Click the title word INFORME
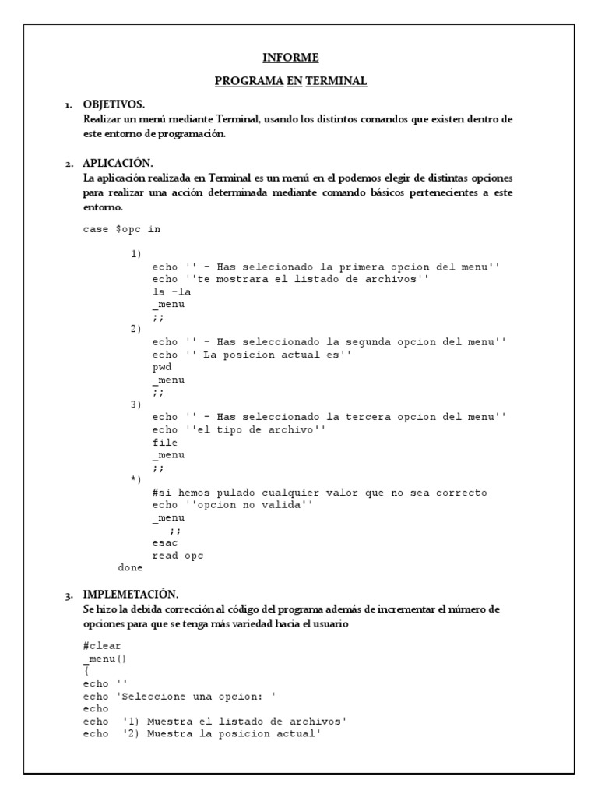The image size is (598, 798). point(290,58)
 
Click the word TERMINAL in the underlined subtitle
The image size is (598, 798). point(336,81)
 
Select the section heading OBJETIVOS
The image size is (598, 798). point(114,104)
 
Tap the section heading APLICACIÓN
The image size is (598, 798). point(118,163)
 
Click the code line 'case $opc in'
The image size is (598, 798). point(121,229)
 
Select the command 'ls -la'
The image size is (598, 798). point(172,291)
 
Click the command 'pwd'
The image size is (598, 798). point(162,366)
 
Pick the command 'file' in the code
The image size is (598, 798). point(165,442)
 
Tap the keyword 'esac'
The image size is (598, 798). point(165,542)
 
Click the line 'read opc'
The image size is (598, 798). point(178,555)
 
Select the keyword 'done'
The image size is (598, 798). point(130,567)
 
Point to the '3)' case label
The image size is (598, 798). point(136,404)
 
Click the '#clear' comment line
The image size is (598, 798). point(102,646)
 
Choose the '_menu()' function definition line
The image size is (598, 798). point(107,659)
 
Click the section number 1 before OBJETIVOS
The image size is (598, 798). point(69,105)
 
